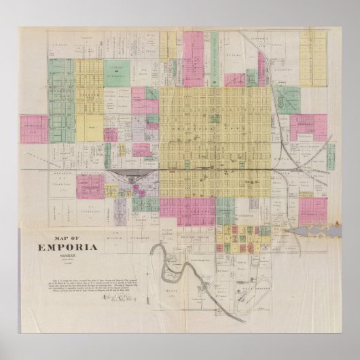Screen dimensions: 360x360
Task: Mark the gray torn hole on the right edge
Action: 313,233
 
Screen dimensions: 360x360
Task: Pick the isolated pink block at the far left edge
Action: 34,128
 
